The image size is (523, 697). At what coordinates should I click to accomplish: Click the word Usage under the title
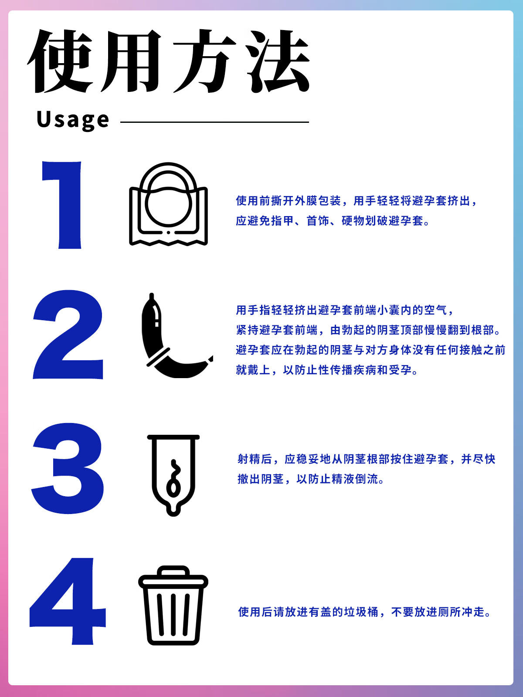click(73, 120)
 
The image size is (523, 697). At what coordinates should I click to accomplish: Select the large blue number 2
click(68, 335)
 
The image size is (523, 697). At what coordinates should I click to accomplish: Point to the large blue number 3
click(68, 468)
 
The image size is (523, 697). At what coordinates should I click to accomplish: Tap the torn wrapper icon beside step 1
click(168, 204)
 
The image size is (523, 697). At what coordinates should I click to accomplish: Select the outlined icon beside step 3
click(173, 475)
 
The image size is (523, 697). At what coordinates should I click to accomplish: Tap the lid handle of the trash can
click(173, 571)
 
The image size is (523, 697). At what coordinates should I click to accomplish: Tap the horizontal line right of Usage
click(215, 122)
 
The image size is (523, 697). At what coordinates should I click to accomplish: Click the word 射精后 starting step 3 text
click(255, 459)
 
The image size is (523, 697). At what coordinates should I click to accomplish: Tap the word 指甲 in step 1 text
click(277, 221)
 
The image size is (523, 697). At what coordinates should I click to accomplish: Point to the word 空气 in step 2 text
click(435, 310)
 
